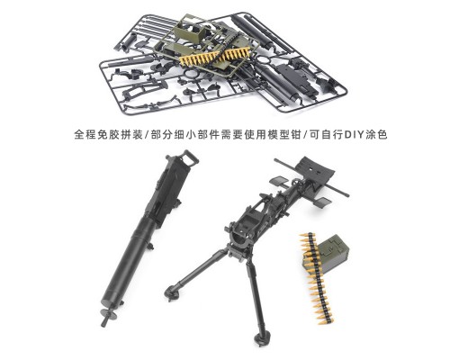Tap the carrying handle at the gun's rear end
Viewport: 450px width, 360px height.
point(188,157)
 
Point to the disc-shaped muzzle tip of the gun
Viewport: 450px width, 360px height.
point(109,315)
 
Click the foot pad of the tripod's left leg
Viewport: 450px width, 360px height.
point(172,292)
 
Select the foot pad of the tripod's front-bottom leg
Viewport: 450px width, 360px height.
point(262,338)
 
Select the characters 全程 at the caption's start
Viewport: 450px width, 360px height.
point(85,135)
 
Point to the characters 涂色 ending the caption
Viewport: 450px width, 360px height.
point(376,135)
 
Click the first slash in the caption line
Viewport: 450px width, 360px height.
point(147,135)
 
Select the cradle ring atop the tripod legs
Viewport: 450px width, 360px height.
point(240,237)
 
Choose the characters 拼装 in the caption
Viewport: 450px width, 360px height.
point(131,135)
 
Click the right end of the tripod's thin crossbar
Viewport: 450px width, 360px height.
point(347,194)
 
